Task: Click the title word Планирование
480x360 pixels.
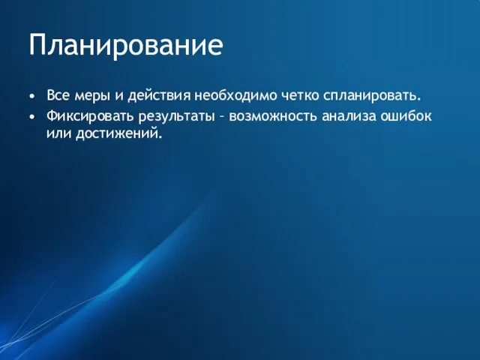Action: point(126,46)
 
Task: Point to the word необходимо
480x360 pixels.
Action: point(235,97)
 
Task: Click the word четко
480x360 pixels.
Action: point(301,97)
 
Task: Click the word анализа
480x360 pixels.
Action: point(351,116)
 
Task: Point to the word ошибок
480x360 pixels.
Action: point(408,116)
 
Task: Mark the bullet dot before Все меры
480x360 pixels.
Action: point(31,97)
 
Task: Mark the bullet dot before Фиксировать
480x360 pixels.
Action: point(31,117)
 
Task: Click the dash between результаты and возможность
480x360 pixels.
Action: point(221,117)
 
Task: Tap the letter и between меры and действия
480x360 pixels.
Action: point(119,97)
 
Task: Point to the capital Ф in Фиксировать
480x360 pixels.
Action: point(51,116)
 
